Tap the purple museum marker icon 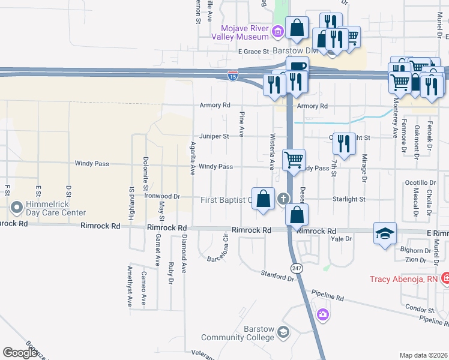[x=278, y=31]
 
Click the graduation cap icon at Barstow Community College [x=284, y=332]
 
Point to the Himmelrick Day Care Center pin [x=16, y=208]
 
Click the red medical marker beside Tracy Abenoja [x=445, y=278]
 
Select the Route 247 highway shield [x=297, y=268]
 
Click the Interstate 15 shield [x=232, y=76]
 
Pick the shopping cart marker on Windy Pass [x=294, y=160]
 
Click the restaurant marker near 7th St [x=344, y=143]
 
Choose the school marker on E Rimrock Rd [x=385, y=233]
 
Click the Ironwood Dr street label [x=162, y=196]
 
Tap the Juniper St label [x=217, y=136]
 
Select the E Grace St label [x=253, y=52]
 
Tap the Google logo [x=20, y=353]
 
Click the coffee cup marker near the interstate [x=297, y=68]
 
